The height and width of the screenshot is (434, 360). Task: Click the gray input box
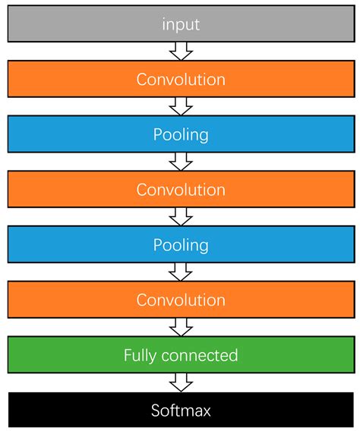point(180,24)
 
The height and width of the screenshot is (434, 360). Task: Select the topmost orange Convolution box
point(180,79)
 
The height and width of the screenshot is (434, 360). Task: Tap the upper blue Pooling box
point(180,134)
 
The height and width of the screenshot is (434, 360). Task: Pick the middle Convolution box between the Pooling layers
point(180,190)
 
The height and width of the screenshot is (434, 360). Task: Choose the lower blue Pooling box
point(180,245)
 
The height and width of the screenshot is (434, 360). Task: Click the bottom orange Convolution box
point(180,300)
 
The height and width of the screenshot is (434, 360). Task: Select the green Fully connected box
point(180,355)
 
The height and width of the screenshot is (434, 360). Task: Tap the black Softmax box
point(180,410)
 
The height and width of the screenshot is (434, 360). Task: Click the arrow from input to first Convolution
point(181,51)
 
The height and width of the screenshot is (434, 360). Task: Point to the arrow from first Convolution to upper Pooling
point(181,106)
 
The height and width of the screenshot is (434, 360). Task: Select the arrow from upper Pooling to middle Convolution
point(181,162)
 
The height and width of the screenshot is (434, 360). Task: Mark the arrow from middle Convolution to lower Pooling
point(181,217)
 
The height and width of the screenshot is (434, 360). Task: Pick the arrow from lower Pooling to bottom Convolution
point(181,272)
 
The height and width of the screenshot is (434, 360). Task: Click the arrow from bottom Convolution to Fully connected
point(181,328)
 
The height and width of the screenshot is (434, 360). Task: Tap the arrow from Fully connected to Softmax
point(181,383)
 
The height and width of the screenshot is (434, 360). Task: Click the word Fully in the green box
point(139,355)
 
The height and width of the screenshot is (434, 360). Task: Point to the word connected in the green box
point(199,355)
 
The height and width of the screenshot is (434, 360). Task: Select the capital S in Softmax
point(155,410)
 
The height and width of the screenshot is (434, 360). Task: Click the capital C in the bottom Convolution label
point(142,300)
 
